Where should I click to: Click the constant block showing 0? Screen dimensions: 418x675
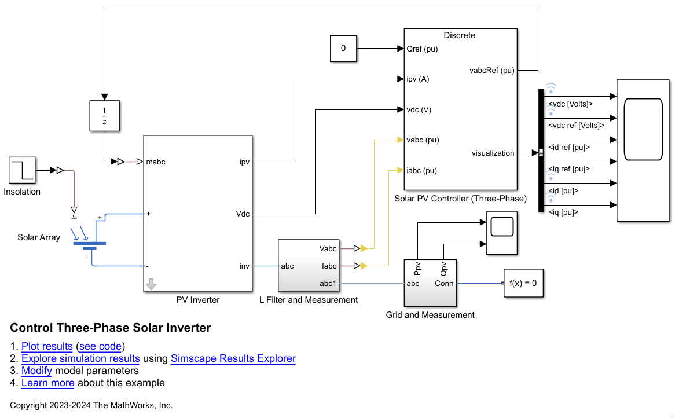pyautogui.click(x=343, y=49)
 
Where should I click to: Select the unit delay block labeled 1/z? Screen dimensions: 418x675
pyautogui.click(x=104, y=116)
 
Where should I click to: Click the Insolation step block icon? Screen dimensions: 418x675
pyautogui.click(x=22, y=171)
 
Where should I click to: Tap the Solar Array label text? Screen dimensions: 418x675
pyautogui.click(x=39, y=237)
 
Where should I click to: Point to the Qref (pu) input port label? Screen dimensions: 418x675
pyautogui.click(x=423, y=49)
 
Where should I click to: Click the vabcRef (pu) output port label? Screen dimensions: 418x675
pyautogui.click(x=491, y=71)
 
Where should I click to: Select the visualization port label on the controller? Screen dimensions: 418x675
pyautogui.click(x=493, y=153)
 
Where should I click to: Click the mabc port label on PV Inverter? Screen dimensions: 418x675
pyautogui.click(x=156, y=162)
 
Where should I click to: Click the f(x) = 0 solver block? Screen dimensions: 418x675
pyautogui.click(x=523, y=284)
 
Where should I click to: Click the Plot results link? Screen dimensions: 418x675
pyautogui.click(x=47, y=347)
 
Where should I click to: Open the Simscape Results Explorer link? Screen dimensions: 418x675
pyautogui.click(x=233, y=359)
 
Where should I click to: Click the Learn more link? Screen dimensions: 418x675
pyautogui.click(x=48, y=383)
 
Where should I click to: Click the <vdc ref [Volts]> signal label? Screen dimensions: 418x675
pyautogui.click(x=575, y=125)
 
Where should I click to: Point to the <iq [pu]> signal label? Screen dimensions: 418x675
pyautogui.click(x=563, y=212)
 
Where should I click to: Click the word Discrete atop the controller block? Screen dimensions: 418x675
pyautogui.click(x=459, y=35)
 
